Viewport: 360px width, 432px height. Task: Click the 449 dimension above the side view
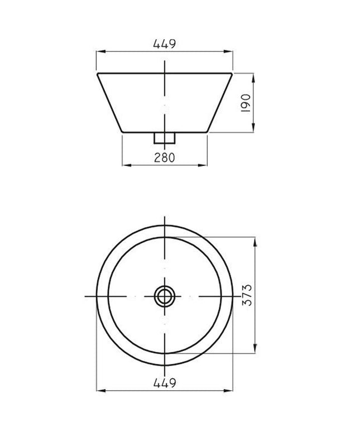pos(165,44)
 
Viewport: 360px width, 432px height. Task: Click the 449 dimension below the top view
pos(165,383)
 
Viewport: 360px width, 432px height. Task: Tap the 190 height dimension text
pos(246,103)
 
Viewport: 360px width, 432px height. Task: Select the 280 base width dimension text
pos(165,157)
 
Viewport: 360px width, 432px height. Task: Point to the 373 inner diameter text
pos(247,295)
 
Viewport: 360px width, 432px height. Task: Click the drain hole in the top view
pos(165,296)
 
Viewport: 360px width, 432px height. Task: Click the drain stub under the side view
pos(165,138)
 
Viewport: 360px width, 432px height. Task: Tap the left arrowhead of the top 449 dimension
pos(101,51)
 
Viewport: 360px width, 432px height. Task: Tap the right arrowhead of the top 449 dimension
pos(228,51)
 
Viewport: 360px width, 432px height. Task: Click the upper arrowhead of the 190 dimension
pos(253,78)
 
